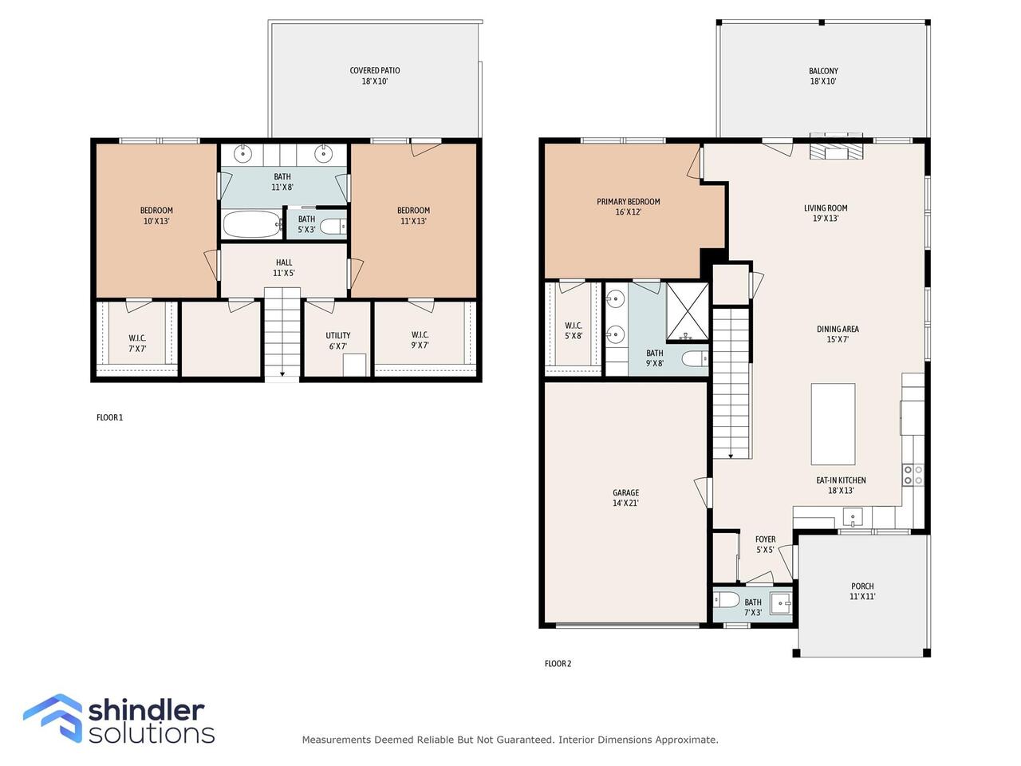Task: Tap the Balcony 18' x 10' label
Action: (x=823, y=76)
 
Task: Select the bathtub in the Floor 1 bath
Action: (x=252, y=224)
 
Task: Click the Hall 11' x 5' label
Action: (x=284, y=267)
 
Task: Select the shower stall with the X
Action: (x=688, y=312)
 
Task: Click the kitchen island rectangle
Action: (x=833, y=424)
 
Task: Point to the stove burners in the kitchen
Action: (x=913, y=475)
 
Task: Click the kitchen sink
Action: (x=852, y=517)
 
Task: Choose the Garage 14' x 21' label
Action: (x=625, y=498)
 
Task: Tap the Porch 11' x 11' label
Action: (x=862, y=591)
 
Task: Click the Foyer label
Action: (x=765, y=539)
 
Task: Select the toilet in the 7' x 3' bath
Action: (x=727, y=599)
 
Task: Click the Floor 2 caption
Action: (x=558, y=664)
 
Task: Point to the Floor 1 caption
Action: (x=110, y=417)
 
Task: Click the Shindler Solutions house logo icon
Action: (x=53, y=717)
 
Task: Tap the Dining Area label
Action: (x=838, y=329)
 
